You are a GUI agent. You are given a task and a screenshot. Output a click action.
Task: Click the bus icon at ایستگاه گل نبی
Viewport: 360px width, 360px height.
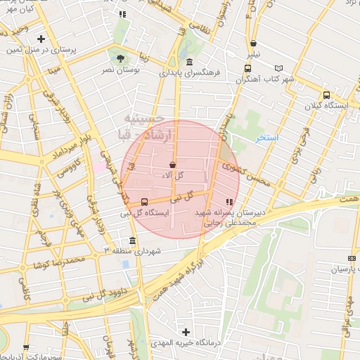pos(144,202)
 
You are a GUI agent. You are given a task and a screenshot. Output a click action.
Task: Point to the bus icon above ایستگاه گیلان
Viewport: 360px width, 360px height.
pos(326,95)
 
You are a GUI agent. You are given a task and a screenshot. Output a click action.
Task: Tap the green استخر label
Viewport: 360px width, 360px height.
pos(267,137)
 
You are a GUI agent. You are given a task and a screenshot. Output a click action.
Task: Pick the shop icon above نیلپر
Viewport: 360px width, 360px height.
pos(253,44)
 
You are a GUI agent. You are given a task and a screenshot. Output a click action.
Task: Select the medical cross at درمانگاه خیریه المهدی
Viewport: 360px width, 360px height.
pos(186,331)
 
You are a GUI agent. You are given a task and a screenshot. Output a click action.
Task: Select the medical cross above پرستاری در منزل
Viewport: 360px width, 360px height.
pos(41,39)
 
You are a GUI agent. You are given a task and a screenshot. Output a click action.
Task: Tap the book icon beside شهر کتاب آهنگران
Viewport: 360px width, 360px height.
pos(279,68)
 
